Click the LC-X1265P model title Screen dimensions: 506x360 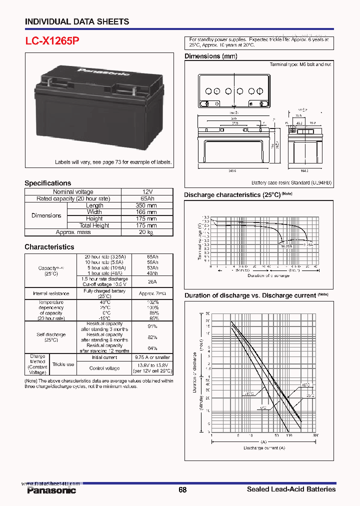pyautogui.click(x=52, y=41)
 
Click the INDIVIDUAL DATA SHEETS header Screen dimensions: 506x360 pyautogui.click(x=77, y=21)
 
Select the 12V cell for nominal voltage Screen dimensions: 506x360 pyautogui.click(x=147, y=192)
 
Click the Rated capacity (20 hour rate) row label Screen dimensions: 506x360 pyautogui.click(x=73, y=198)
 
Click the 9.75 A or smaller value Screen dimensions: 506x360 pyautogui.click(x=152, y=357)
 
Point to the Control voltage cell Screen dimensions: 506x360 pyautogui.click(x=104, y=368)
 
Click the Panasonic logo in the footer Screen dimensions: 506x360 pyautogui.click(x=51, y=490)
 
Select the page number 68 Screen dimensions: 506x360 pyautogui.click(x=182, y=490)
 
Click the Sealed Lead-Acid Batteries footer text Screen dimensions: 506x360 pyautogui.click(x=291, y=489)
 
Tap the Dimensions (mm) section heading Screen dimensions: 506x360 pyautogui.click(x=211, y=56)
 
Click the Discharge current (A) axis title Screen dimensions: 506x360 pyautogui.click(x=263, y=447)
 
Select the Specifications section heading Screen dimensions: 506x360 pyautogui.click(x=48, y=183)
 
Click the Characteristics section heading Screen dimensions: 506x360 pyautogui.click(x=49, y=247)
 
